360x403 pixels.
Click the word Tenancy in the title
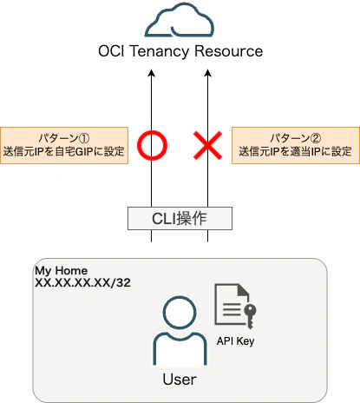coord(160,52)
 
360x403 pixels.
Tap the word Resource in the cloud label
coord(229,51)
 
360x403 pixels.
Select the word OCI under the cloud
coord(111,51)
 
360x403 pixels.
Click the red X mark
coord(208,145)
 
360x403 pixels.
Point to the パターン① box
coord(64,145)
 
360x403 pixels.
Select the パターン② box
coord(296,145)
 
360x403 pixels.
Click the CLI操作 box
coord(180,218)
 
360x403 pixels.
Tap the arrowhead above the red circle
coord(151,73)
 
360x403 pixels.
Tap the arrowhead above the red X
coord(207,73)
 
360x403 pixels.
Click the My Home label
coord(62,271)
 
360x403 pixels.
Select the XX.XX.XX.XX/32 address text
coord(82,282)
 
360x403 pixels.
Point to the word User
coord(180,380)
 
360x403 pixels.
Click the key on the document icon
coord(250,315)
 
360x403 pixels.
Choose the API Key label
coord(236,341)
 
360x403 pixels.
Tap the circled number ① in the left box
coord(84,138)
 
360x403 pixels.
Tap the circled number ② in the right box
coord(316,138)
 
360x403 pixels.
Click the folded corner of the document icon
coord(244,289)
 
